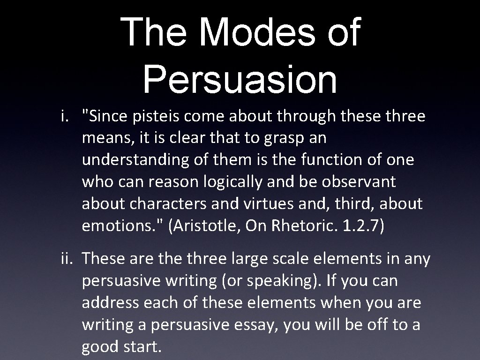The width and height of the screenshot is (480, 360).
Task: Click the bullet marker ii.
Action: (x=67, y=258)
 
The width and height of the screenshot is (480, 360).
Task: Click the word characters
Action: (x=170, y=204)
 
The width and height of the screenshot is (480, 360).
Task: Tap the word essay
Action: (x=255, y=325)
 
